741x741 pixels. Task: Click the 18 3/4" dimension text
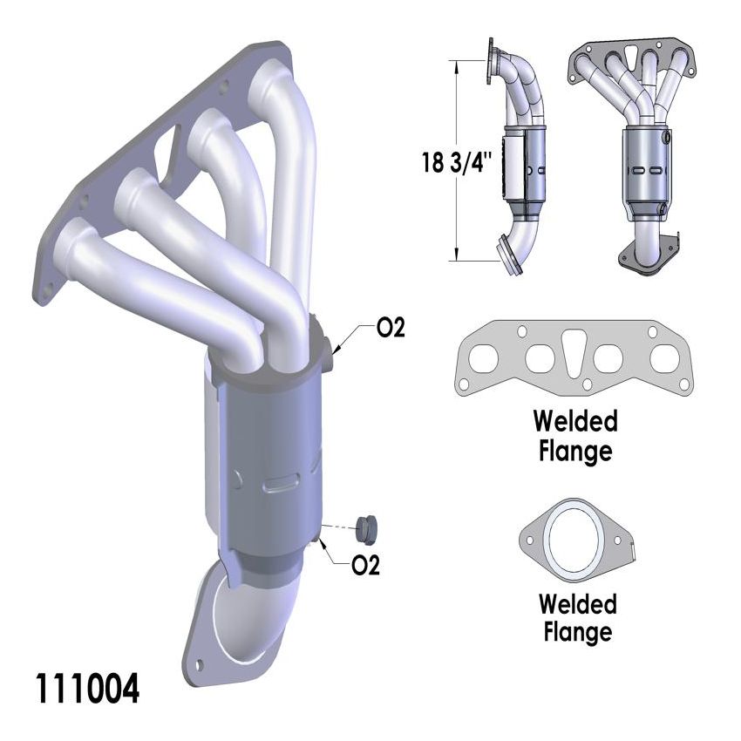pyautogui.click(x=457, y=162)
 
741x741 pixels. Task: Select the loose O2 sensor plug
pyautogui.click(x=366, y=527)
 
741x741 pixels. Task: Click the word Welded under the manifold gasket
pyautogui.click(x=575, y=422)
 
